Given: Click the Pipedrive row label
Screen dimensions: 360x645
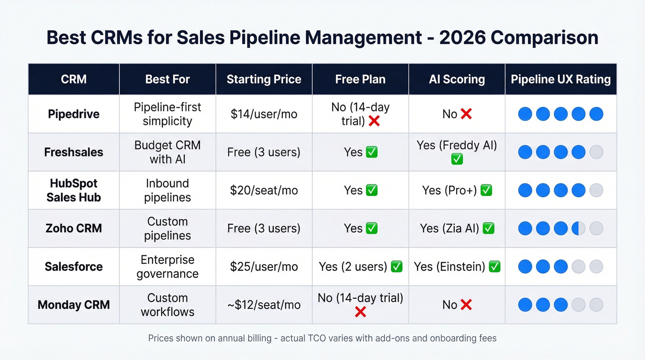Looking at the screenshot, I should pos(74,114).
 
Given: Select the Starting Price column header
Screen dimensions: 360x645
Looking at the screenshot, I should pos(264,79).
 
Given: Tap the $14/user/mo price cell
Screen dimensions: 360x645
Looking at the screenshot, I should pos(264,114).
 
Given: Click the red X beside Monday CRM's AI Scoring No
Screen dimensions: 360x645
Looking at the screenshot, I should pos(466,305).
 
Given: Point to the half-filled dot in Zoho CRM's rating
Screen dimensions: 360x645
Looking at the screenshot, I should pos(578,228).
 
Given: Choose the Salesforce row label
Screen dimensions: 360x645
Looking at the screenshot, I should pos(74,266).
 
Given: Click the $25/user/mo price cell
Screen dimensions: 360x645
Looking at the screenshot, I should pos(264,266).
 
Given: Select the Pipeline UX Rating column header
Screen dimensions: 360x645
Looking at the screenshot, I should pos(561,79).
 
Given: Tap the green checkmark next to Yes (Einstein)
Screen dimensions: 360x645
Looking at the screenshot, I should pos(494,266).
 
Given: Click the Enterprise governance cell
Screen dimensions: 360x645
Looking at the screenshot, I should pos(167,266).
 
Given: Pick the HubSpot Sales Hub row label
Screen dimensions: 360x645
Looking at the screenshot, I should pos(74,190).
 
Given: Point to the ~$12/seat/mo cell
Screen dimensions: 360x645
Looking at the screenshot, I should pos(264,305).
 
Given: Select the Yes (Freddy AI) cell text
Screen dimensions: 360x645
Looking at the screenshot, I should pos(457,146).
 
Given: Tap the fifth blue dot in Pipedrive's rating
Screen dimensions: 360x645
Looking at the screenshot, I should pos(596,114).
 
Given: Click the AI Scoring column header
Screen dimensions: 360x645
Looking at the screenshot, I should pos(457,79).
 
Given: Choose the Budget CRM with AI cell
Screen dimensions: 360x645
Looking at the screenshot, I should pos(167,152).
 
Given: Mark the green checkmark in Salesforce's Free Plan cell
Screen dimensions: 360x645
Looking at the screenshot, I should pos(396,266).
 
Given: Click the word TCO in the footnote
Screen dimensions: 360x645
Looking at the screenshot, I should pos(318,338).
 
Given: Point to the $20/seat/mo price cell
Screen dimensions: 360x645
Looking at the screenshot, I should pos(264,190).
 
